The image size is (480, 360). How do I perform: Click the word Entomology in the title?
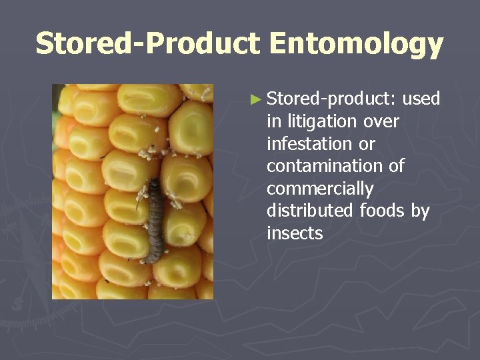tap(357, 44)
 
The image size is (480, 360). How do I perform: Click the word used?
tap(421, 99)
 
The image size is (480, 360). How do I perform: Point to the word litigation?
tap(323, 122)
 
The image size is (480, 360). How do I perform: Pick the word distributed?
tap(310, 211)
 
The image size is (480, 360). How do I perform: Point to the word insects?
tap(295, 234)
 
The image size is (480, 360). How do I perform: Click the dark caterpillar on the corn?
tap(155, 220)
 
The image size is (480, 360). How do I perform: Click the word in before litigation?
tap(273, 122)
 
